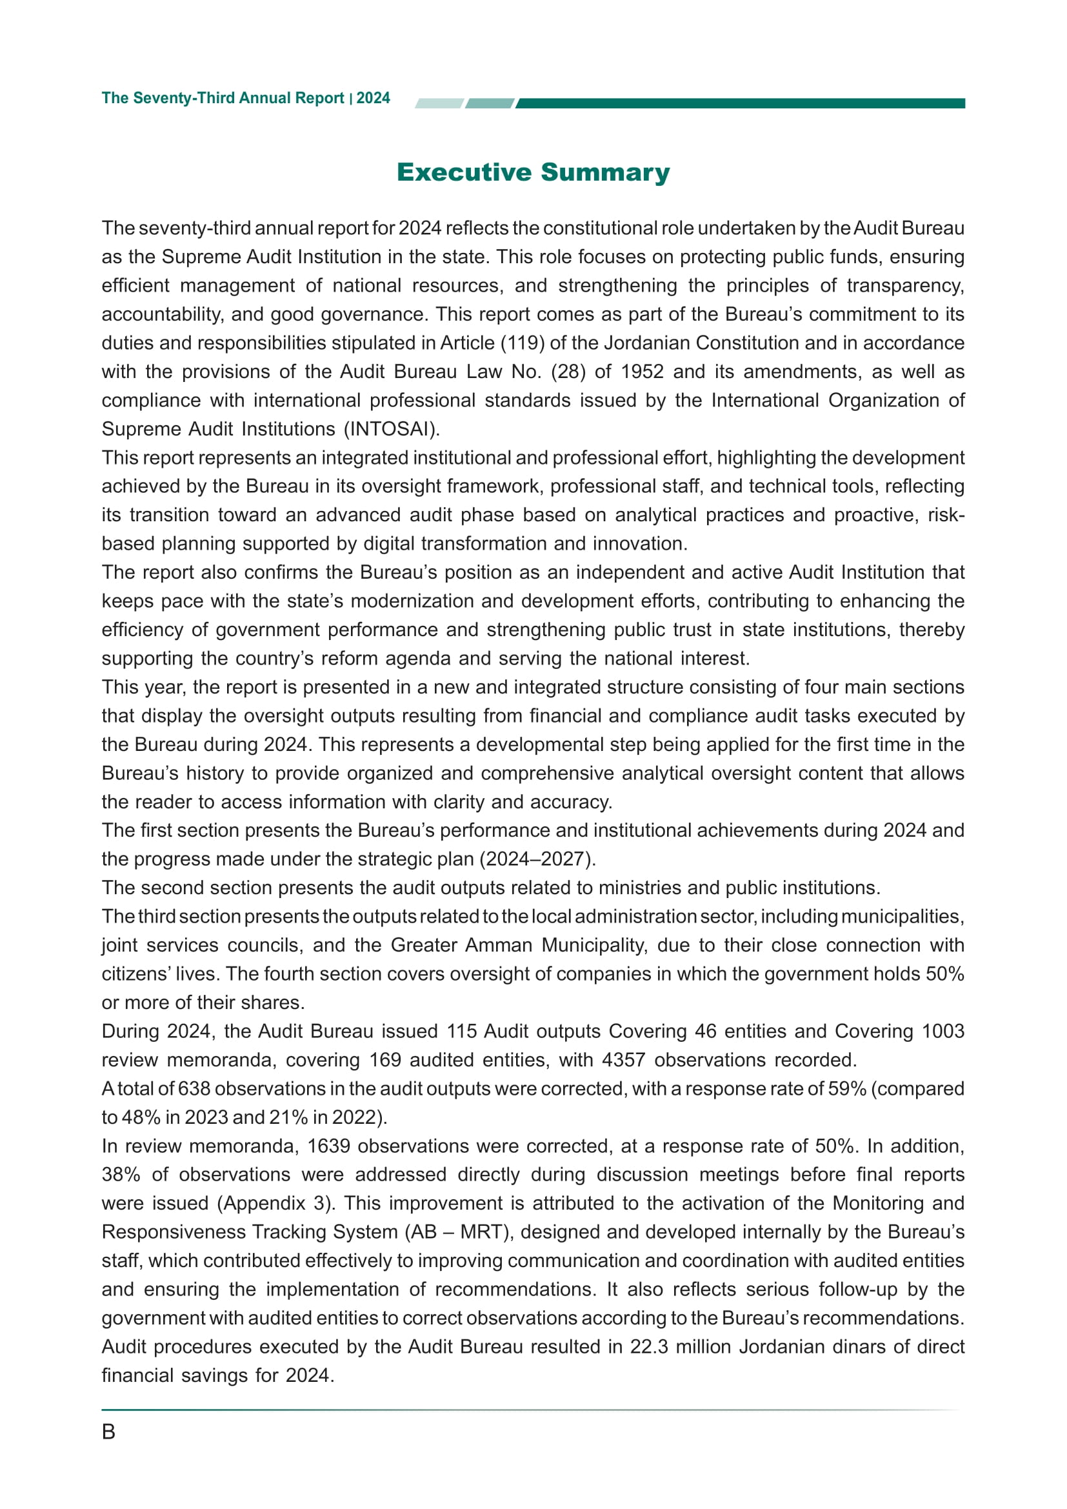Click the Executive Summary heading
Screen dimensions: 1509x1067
click(x=533, y=172)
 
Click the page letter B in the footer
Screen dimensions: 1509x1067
click(x=108, y=1432)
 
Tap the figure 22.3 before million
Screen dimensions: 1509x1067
click(x=648, y=1346)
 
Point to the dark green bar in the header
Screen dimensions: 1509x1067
click(x=740, y=103)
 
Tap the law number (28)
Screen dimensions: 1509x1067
click(x=568, y=372)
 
